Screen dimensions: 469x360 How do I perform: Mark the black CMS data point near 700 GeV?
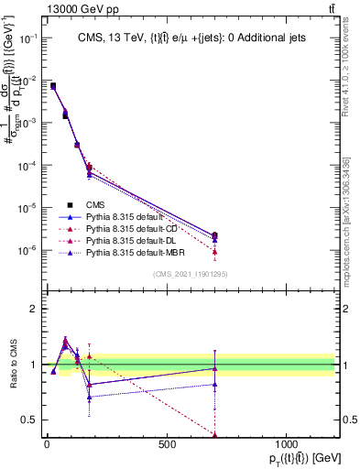214,235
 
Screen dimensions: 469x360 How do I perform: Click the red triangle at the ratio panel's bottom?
214,435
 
